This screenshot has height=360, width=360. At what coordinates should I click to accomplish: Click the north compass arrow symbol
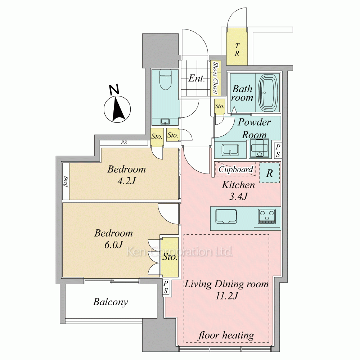tap(117, 109)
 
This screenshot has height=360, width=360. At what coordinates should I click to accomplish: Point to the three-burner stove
tap(267, 216)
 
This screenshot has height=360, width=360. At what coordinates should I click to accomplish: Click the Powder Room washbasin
tap(230, 150)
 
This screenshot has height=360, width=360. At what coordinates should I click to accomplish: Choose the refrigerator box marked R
tap(270, 173)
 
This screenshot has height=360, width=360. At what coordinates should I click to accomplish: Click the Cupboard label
tap(236, 170)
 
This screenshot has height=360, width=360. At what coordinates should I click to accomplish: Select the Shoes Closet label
tap(215, 78)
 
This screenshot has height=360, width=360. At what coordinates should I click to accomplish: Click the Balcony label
tap(111, 302)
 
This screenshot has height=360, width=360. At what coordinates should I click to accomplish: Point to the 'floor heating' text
tap(226, 336)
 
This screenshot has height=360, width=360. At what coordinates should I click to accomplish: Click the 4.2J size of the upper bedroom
tap(126, 181)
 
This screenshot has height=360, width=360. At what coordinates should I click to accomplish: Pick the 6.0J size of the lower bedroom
tap(114, 245)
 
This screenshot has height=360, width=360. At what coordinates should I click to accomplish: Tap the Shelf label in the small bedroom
tap(66, 182)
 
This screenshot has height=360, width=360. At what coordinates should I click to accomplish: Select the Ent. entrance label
tap(197, 78)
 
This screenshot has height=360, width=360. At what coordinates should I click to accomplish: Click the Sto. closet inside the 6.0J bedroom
tap(170, 257)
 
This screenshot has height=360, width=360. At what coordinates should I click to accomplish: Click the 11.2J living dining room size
tap(226, 296)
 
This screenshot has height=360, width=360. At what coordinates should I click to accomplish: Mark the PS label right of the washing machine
tap(278, 150)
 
